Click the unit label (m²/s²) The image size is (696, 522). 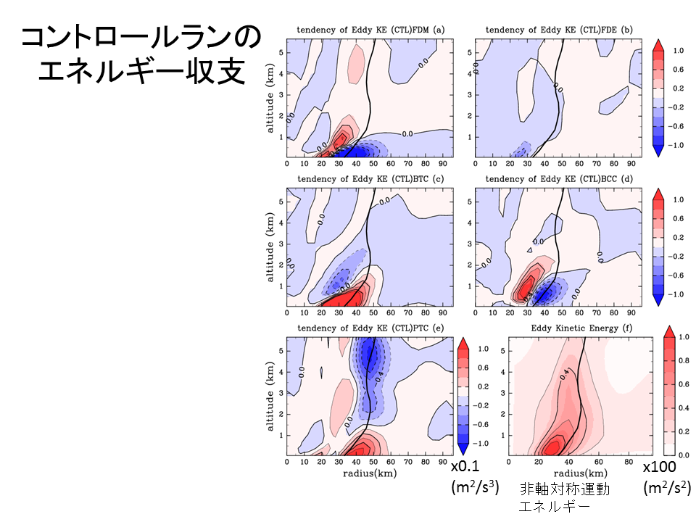665,489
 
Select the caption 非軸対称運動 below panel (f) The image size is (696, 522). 564,489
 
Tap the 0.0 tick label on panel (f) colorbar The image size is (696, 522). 684,454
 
